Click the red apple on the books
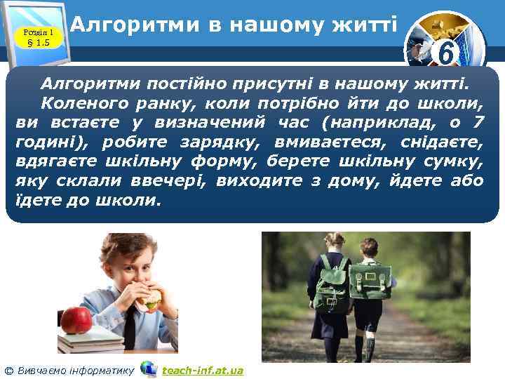pos(76,319)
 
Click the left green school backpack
pos(334,287)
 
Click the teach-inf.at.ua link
pos(202,370)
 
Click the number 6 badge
pos(443,51)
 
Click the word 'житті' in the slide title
pos(365,26)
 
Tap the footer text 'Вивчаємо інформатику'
pos(74,370)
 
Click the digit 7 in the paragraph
pos(478,124)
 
